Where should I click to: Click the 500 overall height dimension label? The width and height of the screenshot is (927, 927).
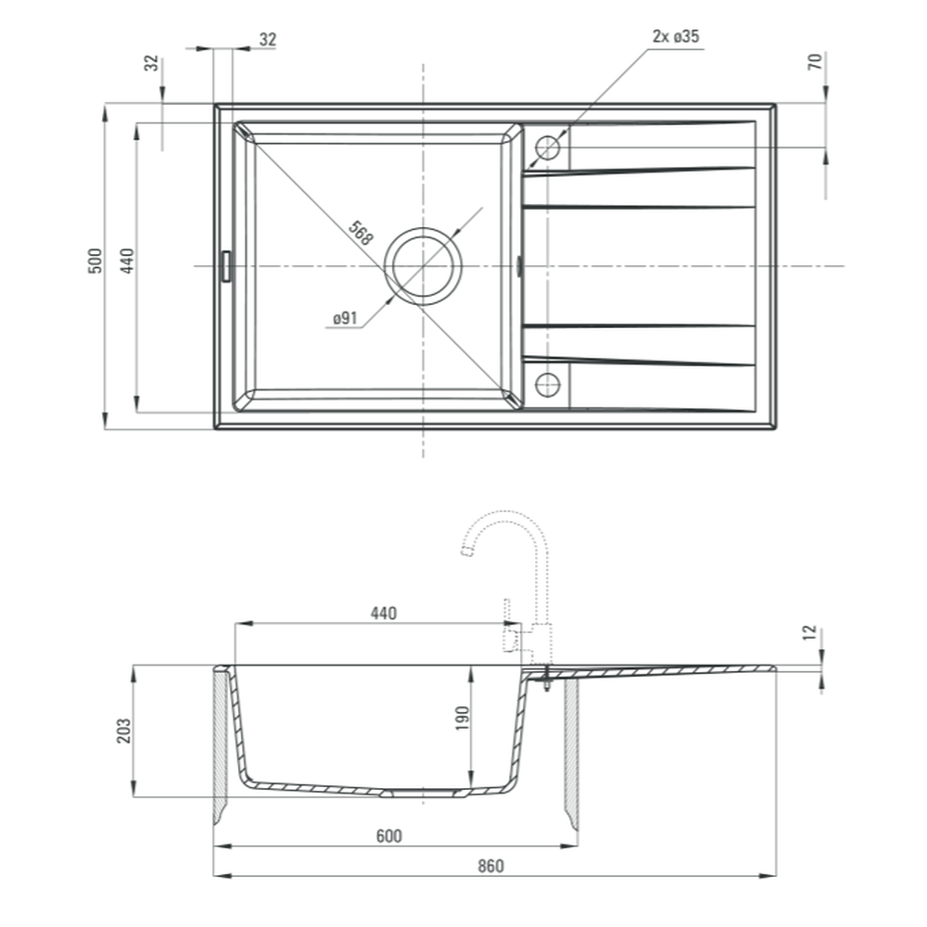[95, 260]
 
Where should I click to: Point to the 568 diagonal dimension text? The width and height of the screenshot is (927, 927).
[361, 233]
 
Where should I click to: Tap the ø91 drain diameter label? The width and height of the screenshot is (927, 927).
[345, 318]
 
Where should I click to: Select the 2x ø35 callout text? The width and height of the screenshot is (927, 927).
[676, 36]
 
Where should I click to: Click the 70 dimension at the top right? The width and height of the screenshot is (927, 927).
[815, 61]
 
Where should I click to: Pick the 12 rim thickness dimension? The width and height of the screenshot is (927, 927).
[810, 632]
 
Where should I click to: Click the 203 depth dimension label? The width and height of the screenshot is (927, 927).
[123, 730]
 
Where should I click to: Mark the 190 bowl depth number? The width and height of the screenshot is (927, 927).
[463, 717]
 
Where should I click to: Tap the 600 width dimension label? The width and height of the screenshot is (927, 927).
[389, 836]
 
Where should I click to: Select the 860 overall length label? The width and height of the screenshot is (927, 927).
[490, 866]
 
